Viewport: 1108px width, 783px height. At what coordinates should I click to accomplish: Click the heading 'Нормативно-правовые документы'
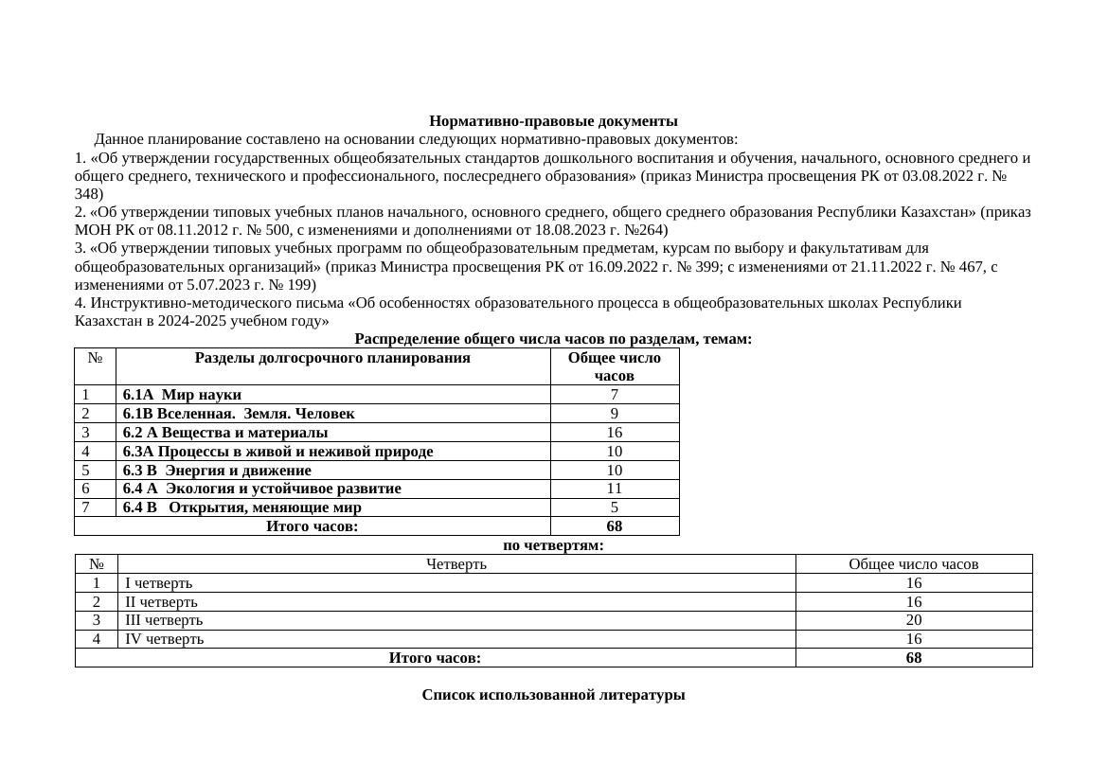click(x=553, y=121)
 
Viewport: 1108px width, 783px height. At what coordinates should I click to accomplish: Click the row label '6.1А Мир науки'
click(x=182, y=395)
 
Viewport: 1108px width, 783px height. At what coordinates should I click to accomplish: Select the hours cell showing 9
click(x=614, y=414)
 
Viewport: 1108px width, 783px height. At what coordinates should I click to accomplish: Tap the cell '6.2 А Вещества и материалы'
click(x=225, y=433)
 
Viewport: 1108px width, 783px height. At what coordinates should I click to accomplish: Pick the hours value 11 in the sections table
click(x=614, y=489)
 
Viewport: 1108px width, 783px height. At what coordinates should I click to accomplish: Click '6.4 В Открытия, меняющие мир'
click(x=241, y=507)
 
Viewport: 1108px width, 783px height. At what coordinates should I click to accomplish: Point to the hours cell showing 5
click(x=614, y=507)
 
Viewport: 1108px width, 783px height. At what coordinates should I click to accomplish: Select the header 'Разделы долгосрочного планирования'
click(x=332, y=358)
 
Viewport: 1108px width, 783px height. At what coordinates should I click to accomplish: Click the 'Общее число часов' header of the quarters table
click(x=913, y=564)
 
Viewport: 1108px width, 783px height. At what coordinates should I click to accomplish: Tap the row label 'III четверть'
click(x=164, y=620)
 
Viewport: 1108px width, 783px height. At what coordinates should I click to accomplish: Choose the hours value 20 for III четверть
click(x=913, y=620)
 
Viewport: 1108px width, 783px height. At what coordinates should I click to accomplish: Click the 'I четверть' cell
click(x=158, y=583)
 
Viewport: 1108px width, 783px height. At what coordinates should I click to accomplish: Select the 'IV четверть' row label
click(x=164, y=639)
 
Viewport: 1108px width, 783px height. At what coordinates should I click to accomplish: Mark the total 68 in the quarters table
click(x=913, y=658)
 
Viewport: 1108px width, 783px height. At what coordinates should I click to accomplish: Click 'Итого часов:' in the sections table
click(x=312, y=526)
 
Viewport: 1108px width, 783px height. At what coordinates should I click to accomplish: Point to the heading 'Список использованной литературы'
click(x=553, y=695)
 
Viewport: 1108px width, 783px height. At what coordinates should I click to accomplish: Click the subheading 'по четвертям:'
click(x=553, y=545)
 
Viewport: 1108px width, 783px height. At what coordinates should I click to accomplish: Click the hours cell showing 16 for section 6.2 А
click(x=614, y=433)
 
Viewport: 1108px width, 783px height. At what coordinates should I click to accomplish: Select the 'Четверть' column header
click(x=456, y=564)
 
